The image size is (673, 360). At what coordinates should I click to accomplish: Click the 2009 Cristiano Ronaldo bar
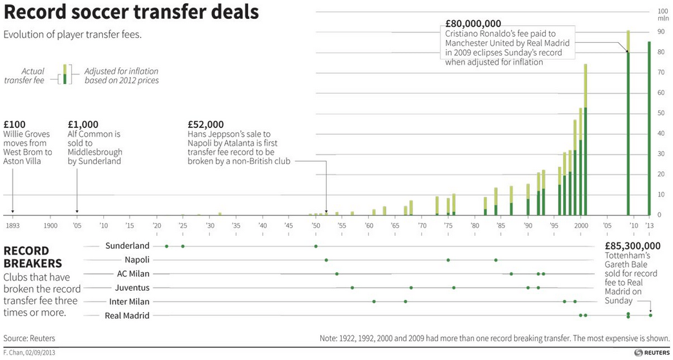(x=628, y=129)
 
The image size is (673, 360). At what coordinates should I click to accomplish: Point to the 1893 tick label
(x=12, y=225)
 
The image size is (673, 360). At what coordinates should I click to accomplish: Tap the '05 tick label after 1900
(x=77, y=225)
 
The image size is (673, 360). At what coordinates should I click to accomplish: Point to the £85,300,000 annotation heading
(x=632, y=246)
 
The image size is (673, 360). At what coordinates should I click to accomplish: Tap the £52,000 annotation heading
(x=205, y=125)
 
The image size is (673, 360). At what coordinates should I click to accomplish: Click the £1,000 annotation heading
(x=83, y=125)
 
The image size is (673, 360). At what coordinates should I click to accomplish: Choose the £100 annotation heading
(x=14, y=125)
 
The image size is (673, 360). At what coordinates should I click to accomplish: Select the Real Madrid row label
(x=127, y=315)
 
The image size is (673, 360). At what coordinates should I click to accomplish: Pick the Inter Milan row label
(x=128, y=301)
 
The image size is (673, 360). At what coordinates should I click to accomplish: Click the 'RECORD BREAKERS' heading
(x=33, y=257)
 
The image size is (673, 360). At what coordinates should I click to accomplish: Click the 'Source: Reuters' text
(x=29, y=338)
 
